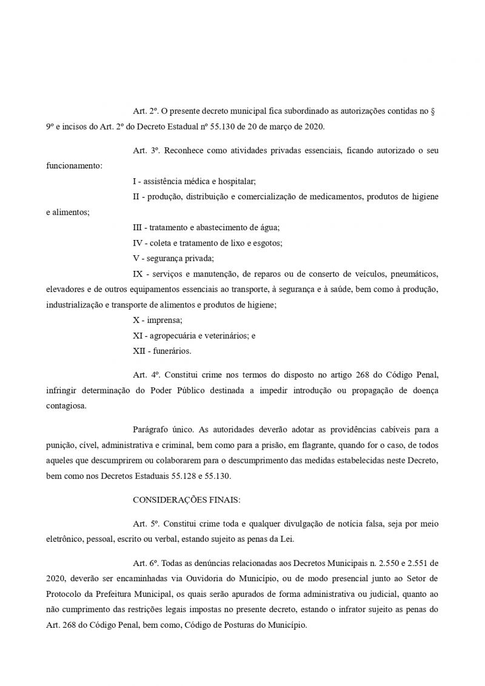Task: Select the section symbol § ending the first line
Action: [x=437, y=113]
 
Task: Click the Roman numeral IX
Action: [x=138, y=273]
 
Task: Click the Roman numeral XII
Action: [x=139, y=350]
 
